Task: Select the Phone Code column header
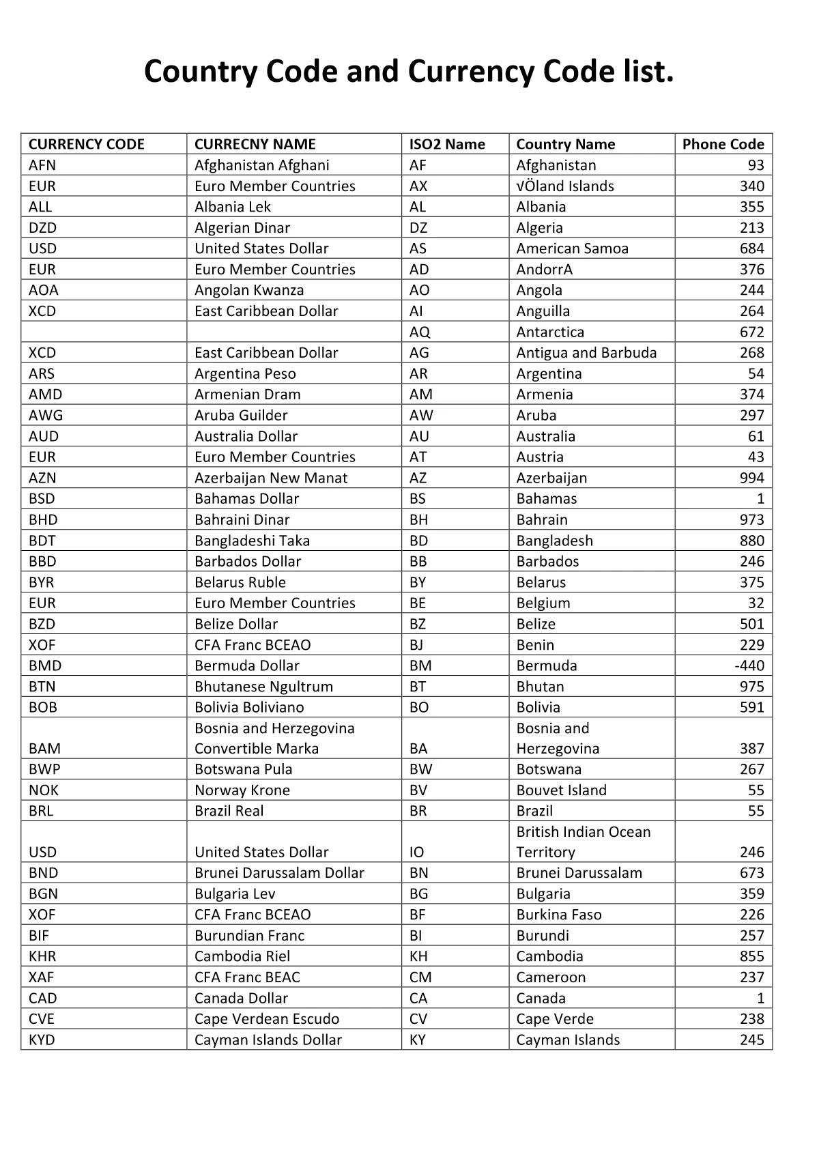pos(723,144)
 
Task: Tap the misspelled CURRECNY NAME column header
pos(255,144)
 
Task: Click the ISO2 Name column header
pos(446,144)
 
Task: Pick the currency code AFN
pos(42,165)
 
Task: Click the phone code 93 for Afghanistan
pos(756,165)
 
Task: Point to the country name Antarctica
pos(550,332)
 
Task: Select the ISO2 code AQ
pos(419,332)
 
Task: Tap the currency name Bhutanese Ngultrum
pos(263,687)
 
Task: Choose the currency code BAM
pos(44,748)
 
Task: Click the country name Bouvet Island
pos(561,790)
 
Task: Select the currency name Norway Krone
pos(242,790)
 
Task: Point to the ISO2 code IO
pos(416,852)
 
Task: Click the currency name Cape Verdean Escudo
pos(266,1019)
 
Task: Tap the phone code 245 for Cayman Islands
pos(751,1040)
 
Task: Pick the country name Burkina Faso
pos(558,915)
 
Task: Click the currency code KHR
pos(42,956)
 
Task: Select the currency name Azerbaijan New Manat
pos(270,478)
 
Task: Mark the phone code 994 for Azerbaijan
pos(751,478)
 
